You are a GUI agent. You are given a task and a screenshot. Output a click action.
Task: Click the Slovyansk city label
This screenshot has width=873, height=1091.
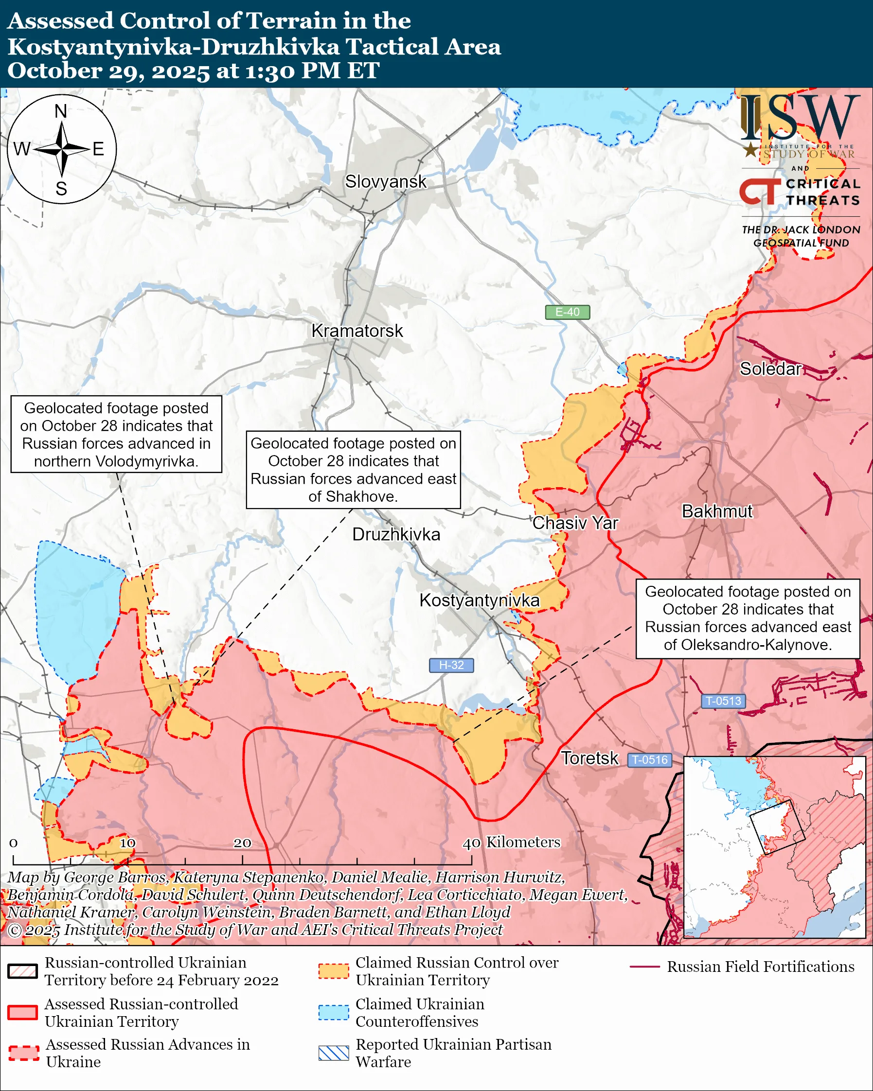point(386,182)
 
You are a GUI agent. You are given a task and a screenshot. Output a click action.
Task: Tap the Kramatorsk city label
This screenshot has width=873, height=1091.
point(357,331)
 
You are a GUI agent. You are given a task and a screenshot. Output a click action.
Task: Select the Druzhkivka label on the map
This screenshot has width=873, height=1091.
point(396,534)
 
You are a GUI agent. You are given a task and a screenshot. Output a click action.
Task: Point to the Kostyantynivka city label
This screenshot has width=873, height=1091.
point(479,600)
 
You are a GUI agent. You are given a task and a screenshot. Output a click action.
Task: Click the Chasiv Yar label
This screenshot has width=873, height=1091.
point(575,523)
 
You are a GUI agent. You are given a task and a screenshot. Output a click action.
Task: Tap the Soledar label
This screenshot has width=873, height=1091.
point(770,369)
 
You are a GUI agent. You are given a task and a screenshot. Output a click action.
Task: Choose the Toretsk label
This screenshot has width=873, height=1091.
point(589,758)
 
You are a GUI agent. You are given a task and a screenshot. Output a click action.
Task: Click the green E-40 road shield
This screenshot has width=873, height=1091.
point(567,312)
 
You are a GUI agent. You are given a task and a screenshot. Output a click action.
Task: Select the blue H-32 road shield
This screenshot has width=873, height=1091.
point(451,665)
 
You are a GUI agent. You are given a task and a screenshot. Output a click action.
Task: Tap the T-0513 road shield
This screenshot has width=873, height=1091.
point(723,701)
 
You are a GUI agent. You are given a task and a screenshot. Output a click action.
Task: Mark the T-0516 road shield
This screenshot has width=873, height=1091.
point(650,759)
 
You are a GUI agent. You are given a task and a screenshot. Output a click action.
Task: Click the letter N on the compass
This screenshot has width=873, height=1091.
point(61,111)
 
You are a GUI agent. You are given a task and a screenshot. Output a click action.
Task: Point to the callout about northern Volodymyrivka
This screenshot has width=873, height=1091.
point(116,434)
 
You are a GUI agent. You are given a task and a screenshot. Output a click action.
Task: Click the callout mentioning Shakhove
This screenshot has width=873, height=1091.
point(353,470)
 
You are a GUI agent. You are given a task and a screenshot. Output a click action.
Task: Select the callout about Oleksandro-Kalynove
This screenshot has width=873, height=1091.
point(748,618)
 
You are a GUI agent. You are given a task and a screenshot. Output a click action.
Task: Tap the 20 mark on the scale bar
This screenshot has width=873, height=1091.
point(242,843)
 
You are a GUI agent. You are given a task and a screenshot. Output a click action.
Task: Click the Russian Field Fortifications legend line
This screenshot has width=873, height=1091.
point(645,967)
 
